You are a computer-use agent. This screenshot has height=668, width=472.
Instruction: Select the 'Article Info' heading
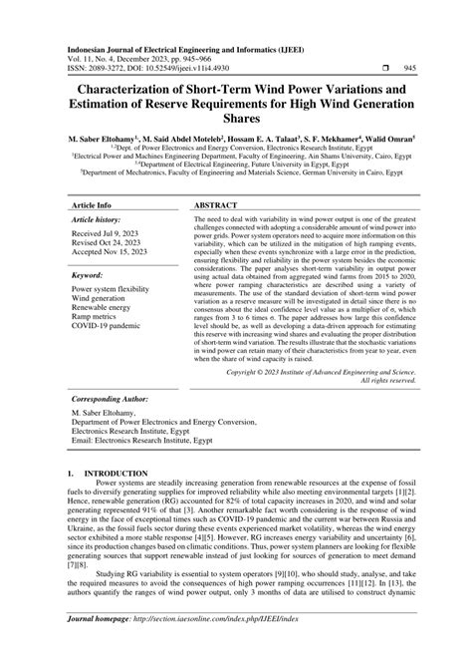point(92,204)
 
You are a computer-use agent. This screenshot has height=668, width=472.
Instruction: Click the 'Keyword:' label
point(89,273)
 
